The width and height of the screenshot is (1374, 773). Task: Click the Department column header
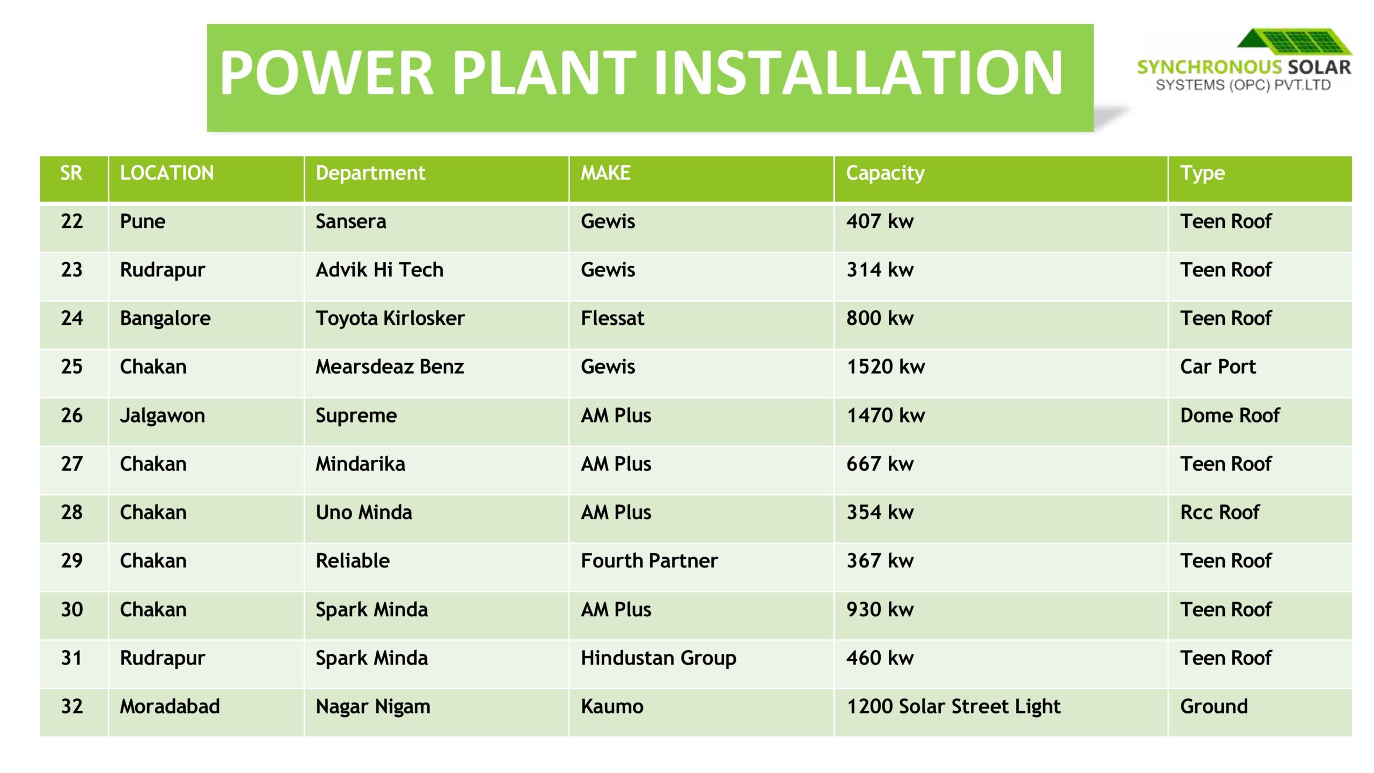[370, 173]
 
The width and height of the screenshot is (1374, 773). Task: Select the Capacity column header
[885, 173]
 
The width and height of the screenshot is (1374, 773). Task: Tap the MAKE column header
[605, 173]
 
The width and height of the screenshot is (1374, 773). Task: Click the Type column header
[1202, 174]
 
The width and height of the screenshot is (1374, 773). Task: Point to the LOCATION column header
[167, 173]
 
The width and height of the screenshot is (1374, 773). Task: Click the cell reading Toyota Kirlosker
[390, 318]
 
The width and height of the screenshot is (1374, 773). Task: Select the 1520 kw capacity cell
[886, 367]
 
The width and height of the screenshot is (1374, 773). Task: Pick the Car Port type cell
[1218, 367]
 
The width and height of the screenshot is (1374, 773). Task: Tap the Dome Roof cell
[1230, 415]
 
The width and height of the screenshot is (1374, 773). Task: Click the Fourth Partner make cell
[649, 561]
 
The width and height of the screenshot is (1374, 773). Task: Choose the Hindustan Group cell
[659, 659]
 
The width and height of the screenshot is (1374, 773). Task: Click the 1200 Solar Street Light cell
[954, 707]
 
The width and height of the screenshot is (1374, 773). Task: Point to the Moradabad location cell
[170, 706]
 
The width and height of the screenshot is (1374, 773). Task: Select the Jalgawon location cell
[162, 416]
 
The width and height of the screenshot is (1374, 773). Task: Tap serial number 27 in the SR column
[72, 464]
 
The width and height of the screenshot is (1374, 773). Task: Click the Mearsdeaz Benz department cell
[390, 367]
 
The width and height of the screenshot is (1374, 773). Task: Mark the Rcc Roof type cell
[1219, 513]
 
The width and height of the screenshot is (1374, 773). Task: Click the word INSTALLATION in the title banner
[858, 72]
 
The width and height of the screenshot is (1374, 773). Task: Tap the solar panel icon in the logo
[1295, 42]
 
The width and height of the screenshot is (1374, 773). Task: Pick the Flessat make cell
[612, 318]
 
